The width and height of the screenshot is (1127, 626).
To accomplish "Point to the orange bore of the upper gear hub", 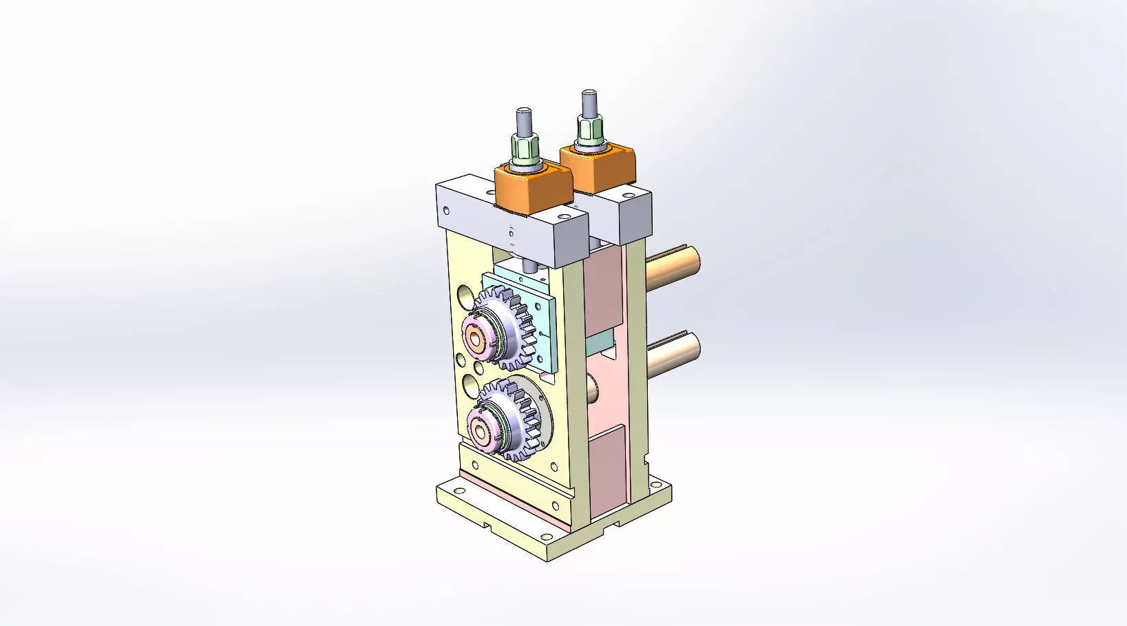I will pyautogui.click(x=475, y=337).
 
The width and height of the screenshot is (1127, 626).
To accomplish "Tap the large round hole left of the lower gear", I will pyautogui.click(x=471, y=385).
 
